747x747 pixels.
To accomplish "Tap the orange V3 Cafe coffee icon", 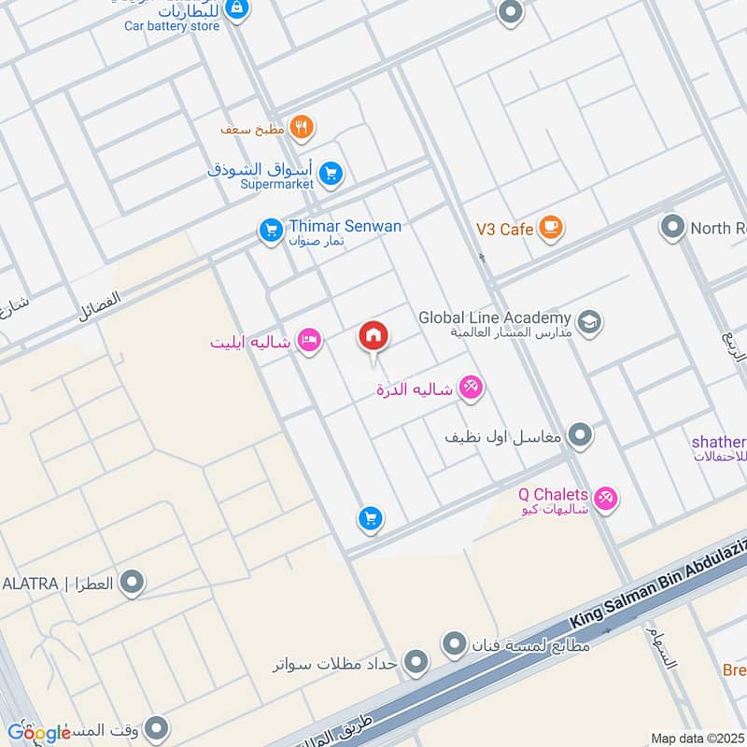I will (551, 228).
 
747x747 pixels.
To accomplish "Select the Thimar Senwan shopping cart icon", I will (271, 229).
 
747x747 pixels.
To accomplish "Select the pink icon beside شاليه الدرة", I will (472, 388).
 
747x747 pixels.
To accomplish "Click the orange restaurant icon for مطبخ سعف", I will (301, 128).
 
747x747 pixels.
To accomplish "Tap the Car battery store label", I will (172, 26).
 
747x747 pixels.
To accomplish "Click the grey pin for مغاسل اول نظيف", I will (581, 434).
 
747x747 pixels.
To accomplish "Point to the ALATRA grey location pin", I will (133, 584).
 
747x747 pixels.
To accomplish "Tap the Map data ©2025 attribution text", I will (696, 738).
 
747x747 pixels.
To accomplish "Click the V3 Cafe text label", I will (504, 229).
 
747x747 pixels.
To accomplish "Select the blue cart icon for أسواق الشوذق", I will (330, 173).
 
